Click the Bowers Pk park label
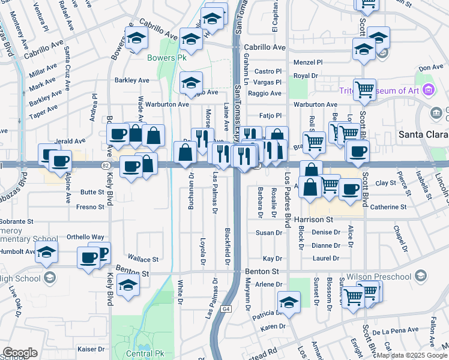(163, 58)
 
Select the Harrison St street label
(314, 220)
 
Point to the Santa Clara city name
(423, 135)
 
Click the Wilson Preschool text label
(379, 277)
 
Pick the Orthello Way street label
(85, 237)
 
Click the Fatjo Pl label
(270, 115)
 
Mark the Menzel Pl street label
(307, 62)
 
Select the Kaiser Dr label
(91, 349)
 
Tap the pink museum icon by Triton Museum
(428, 90)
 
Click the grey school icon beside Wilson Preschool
(421, 276)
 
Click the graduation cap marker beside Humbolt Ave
(46, 253)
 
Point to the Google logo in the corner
(20, 353)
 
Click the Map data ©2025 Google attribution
(412, 355)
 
